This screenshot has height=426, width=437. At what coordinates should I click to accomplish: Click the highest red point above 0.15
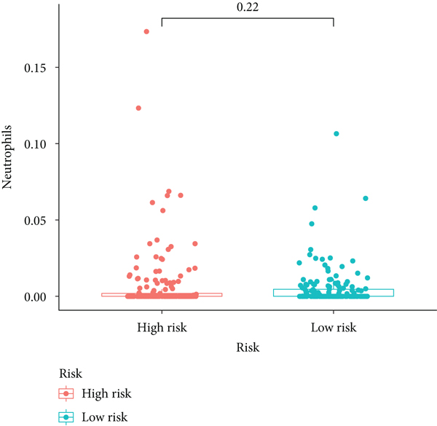coord(146,32)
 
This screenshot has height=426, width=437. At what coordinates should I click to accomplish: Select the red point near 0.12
coord(138,108)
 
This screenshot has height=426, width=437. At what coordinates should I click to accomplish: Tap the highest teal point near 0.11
coord(336,134)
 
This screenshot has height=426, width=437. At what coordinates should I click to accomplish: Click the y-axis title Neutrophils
coord(9,157)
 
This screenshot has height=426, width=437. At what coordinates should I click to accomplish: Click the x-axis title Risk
coord(248,348)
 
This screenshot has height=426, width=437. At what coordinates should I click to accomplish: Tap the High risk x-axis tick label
coord(162,327)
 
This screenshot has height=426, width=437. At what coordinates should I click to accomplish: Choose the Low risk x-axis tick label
coord(333,327)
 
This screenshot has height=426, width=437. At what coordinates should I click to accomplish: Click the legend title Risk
coord(70,372)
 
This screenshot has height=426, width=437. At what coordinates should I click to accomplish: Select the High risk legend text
coord(106,394)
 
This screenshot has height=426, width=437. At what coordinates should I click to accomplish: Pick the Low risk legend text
coord(105,417)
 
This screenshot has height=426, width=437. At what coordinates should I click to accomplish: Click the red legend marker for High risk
coord(66,394)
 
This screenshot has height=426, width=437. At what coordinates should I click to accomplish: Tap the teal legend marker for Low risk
coord(66,417)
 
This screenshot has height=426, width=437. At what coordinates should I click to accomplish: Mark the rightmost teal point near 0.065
coord(366,198)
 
